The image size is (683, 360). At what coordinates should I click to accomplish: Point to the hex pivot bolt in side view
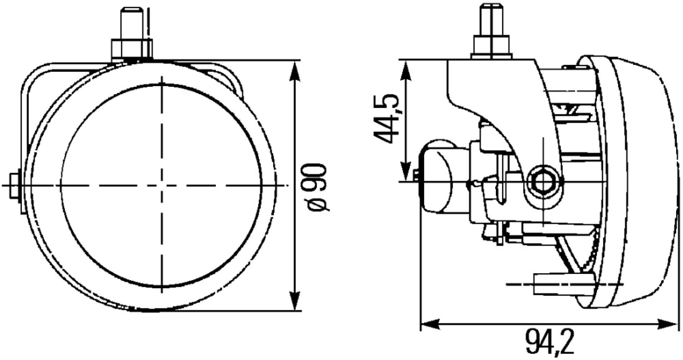tap(542, 183)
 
